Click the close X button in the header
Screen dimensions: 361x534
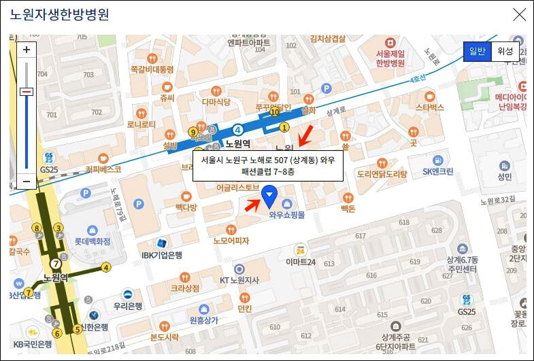(x=519, y=14)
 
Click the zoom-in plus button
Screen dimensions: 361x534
(x=27, y=50)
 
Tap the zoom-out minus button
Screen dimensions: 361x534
(x=27, y=182)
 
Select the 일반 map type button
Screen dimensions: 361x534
(x=476, y=52)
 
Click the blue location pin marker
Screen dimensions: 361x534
(x=270, y=197)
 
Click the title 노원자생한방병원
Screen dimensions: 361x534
(x=60, y=14)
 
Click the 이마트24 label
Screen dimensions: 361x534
(x=301, y=262)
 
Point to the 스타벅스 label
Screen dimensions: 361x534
(x=429, y=107)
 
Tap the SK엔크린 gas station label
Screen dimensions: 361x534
(x=437, y=171)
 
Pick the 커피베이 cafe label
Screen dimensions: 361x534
(x=103, y=169)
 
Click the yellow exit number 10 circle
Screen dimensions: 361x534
(x=275, y=114)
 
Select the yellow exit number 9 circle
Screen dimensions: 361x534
(x=193, y=132)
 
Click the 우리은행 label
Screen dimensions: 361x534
(x=127, y=305)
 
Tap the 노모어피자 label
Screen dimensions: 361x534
(x=231, y=240)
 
